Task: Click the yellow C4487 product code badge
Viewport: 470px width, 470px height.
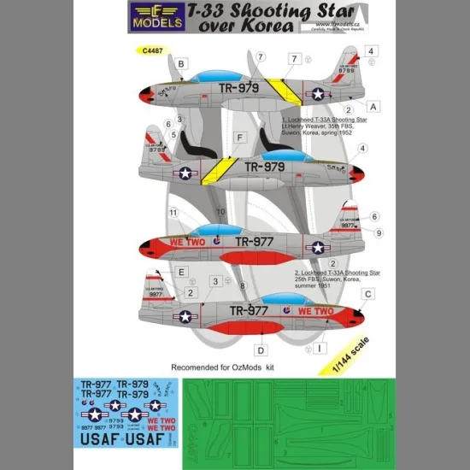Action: pos(150,50)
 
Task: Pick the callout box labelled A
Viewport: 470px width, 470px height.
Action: pos(373,104)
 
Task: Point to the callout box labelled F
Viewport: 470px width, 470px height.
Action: pos(241,137)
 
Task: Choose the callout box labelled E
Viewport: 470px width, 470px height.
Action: pos(181,272)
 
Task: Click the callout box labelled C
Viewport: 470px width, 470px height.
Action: pos(367,294)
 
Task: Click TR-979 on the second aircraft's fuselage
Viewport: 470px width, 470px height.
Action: pos(264,167)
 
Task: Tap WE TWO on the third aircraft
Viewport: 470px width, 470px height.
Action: pos(191,242)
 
